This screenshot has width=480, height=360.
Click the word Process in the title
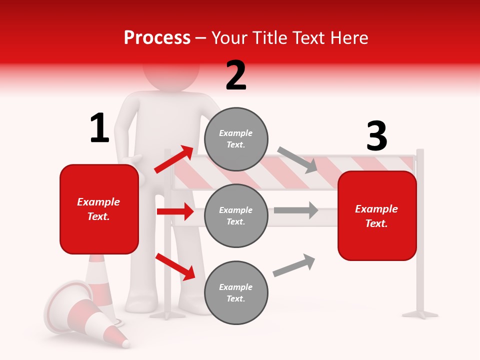coord(157,37)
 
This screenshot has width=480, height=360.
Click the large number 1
coord(99,128)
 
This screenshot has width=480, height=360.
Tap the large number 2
coord(236,75)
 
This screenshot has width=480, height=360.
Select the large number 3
coord(376,136)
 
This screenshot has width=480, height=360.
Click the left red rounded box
coord(99,209)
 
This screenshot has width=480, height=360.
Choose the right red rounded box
coord(377,215)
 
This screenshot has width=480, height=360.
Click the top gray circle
coord(236,139)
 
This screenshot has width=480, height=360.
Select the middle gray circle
coord(236,215)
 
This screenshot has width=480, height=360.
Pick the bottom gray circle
coord(236,292)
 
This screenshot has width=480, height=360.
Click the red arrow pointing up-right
coord(174,159)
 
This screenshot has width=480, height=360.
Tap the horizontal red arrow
coord(175,211)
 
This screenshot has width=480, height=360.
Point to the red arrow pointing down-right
coord(175,266)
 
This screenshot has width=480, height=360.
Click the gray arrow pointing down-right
coord(297,159)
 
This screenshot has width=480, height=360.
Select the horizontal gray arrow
coord(296,210)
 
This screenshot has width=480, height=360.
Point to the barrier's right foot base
coord(420,314)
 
